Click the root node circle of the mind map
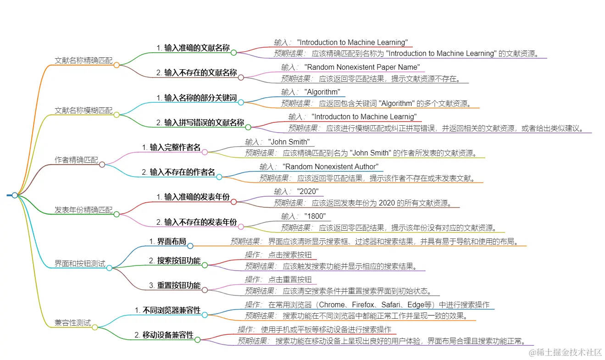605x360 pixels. click(x=15, y=195)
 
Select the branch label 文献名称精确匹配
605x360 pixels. click(x=83, y=60)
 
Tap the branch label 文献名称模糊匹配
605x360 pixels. click(x=83, y=110)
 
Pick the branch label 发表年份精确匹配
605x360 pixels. click(x=83, y=210)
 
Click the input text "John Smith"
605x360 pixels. click(x=289, y=142)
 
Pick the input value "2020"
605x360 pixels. click(x=307, y=191)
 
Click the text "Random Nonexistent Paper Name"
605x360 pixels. click(x=361, y=67)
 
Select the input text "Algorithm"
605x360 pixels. click(x=322, y=92)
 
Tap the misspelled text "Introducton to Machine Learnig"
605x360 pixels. click(x=364, y=116)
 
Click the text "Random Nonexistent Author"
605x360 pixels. click(x=330, y=166)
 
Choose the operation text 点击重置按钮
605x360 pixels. click(x=290, y=279)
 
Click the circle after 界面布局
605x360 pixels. click(x=190, y=246)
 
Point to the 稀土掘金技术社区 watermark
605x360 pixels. click(x=566, y=352)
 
